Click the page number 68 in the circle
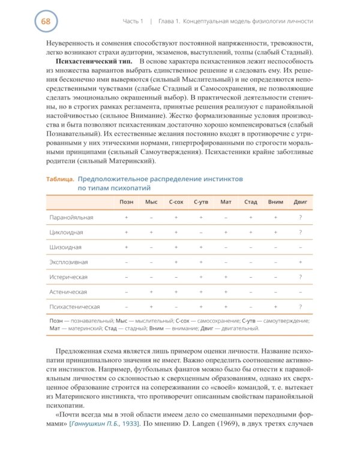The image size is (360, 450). pyautogui.click(x=46, y=22)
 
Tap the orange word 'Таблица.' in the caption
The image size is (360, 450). pyautogui.click(x=60, y=179)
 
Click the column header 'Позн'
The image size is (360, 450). pyautogui.click(x=127, y=202)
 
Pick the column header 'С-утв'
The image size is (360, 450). pyautogui.click(x=200, y=202)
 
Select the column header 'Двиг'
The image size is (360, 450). pyautogui.click(x=300, y=202)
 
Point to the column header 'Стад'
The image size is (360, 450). pyautogui.click(x=251, y=202)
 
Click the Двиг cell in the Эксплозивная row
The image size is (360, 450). pyautogui.click(x=300, y=262)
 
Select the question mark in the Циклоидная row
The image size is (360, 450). pyautogui.click(x=300, y=232)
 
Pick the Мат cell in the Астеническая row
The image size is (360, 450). pyautogui.click(x=226, y=292)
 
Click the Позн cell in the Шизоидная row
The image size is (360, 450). pyautogui.click(x=127, y=247)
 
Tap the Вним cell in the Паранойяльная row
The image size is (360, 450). pyautogui.click(x=275, y=217)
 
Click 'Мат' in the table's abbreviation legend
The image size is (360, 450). pyautogui.click(x=55, y=328)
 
